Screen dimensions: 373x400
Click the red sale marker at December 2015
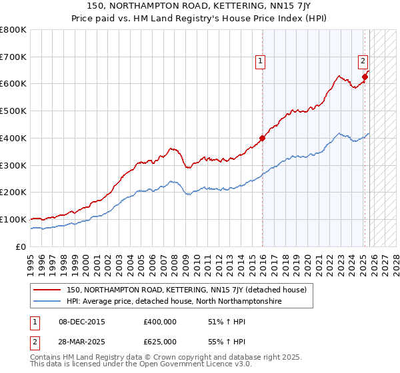(262, 139)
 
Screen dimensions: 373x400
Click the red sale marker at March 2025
(365, 77)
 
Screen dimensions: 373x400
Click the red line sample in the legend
(47, 290)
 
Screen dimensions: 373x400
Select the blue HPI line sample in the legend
(47, 302)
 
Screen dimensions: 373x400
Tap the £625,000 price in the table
(160, 342)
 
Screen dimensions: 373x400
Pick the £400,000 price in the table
(160, 322)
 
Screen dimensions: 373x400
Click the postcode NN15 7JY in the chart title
(288, 7)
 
